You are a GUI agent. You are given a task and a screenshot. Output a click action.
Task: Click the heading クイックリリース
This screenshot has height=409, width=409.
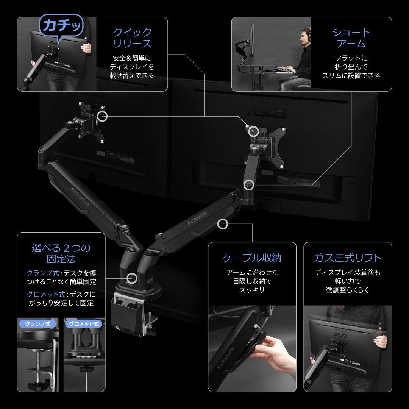coord(132,38)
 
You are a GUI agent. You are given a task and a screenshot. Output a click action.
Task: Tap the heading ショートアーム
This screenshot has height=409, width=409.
coord(351,38)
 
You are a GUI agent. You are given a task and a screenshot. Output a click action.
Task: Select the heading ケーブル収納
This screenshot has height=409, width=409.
coord(252,258)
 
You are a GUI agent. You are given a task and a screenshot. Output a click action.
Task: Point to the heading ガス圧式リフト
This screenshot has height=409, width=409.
coord(347,258)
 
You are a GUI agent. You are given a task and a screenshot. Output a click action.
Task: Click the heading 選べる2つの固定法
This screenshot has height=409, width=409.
coord(61,254)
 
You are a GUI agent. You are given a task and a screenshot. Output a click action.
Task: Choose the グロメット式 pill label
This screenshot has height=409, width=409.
coord(84,324)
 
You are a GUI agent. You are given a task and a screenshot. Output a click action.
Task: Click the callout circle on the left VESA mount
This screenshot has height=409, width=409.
coord(102,116)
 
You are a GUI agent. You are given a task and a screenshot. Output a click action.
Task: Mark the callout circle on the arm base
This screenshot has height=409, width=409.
coord(131,278)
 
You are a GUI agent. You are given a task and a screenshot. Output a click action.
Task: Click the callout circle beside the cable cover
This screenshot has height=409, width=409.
coord(223,223)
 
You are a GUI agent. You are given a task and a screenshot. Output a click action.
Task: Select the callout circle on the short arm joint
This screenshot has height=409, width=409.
coord(248,185)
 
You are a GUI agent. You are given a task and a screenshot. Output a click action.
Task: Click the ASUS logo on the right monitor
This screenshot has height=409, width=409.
coord(267,112)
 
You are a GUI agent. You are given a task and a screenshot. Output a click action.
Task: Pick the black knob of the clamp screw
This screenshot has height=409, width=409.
coord(39,386)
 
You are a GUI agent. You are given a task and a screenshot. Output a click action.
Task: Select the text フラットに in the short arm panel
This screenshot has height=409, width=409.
coord(351,58)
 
